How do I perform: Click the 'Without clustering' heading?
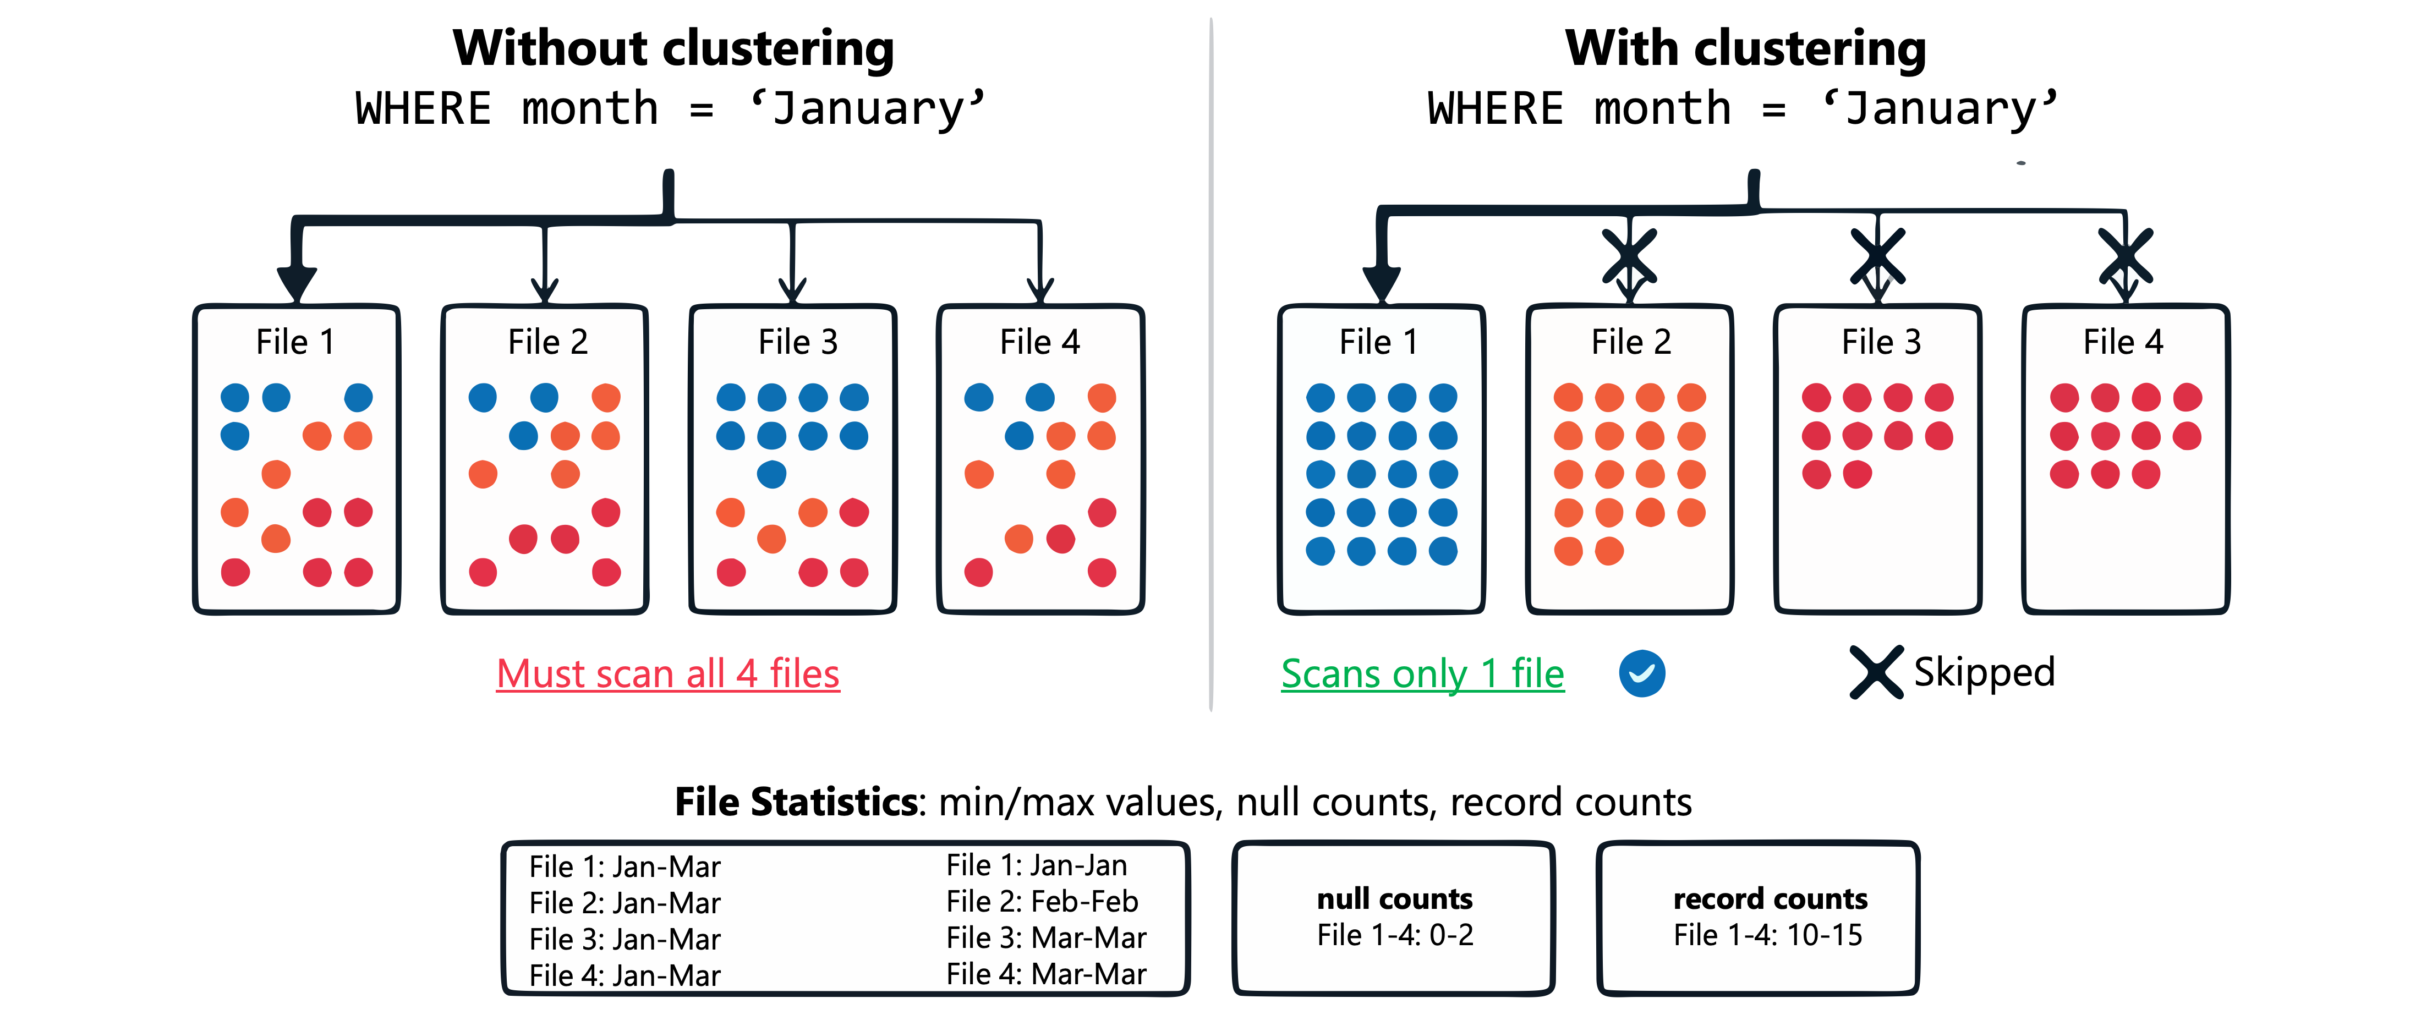[673, 49]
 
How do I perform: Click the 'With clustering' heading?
[1745, 49]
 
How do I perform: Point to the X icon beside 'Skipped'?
[1876, 672]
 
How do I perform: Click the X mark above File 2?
[1630, 256]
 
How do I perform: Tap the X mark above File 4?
[2126, 256]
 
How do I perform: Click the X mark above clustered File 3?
[1878, 256]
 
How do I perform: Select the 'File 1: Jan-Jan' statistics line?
[1037, 865]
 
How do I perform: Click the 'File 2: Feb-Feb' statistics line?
[1042, 901]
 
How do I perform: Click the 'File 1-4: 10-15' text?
[1768, 935]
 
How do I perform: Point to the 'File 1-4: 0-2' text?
[1395, 935]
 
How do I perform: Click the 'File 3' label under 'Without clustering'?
[798, 342]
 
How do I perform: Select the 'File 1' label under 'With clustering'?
[1379, 342]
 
